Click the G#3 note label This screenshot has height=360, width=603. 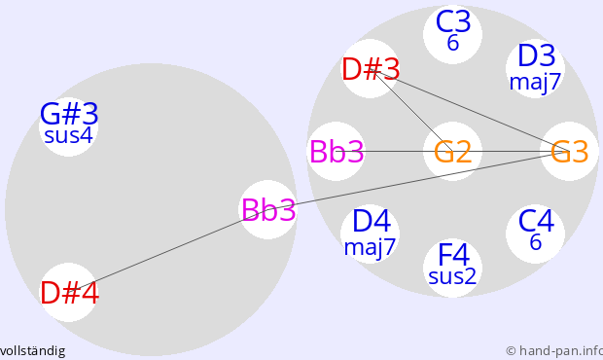[x=69, y=114]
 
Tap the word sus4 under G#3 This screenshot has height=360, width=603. [x=68, y=136]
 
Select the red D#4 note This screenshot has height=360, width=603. [x=70, y=293]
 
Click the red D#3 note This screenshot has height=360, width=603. [x=371, y=70]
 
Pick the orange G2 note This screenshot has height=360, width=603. [x=452, y=152]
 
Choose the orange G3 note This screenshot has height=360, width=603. [x=570, y=152]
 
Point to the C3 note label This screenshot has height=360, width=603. [x=453, y=22]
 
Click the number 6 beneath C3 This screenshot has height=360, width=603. [x=453, y=43]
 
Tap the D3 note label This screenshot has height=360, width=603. [x=537, y=55]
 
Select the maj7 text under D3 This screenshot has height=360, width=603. [x=535, y=83]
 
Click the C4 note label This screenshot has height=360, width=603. [x=536, y=221]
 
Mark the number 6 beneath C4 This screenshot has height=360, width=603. [x=536, y=242]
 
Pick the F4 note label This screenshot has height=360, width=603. [x=454, y=254]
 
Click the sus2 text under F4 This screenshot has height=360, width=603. [x=452, y=276]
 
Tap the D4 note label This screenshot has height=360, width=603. [x=372, y=221]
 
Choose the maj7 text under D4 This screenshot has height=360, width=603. [x=370, y=247]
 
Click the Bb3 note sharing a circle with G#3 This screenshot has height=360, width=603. [x=268, y=209]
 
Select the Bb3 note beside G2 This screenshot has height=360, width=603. [x=337, y=152]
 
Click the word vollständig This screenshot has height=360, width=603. [x=32, y=351]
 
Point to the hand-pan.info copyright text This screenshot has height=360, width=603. [x=554, y=351]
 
